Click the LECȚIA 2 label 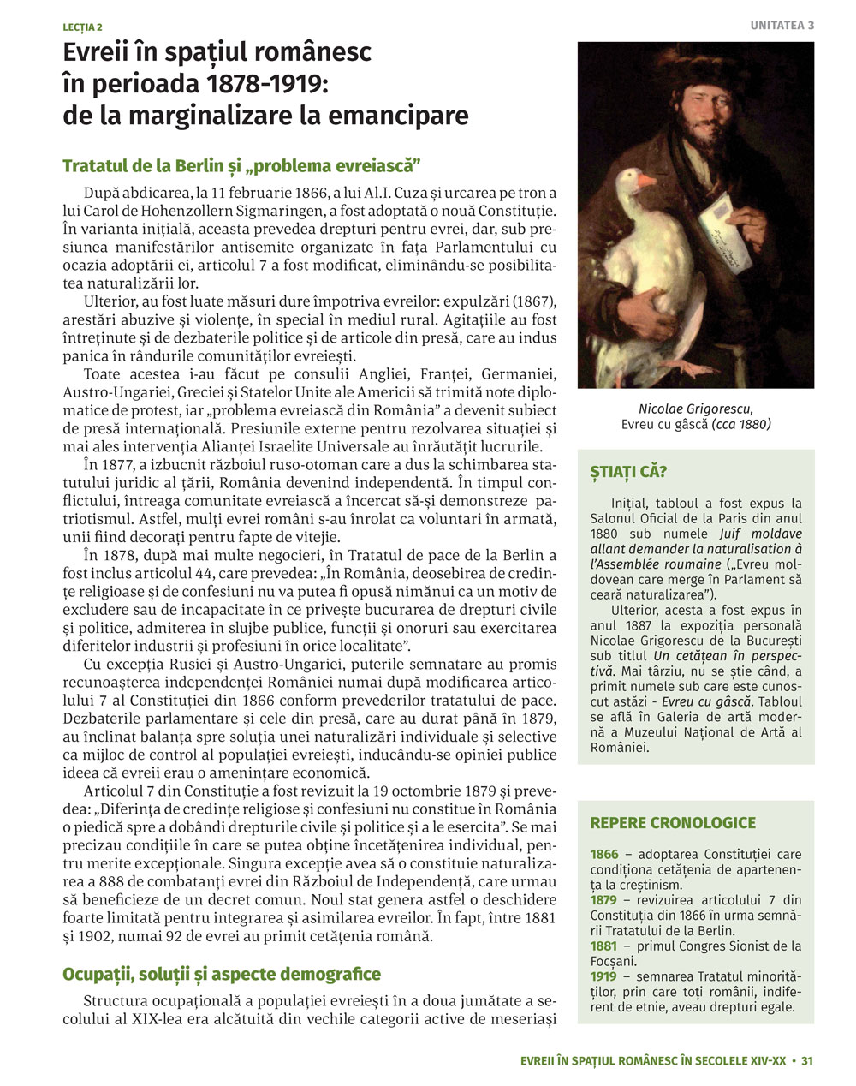click(x=82, y=27)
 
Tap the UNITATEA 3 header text click(x=782, y=26)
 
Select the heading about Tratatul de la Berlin click(x=243, y=164)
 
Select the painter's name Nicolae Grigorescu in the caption click(x=695, y=409)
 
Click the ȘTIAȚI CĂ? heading click(x=628, y=472)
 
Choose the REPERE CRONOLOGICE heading click(x=673, y=823)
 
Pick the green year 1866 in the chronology click(x=604, y=854)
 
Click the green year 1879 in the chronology click(x=604, y=900)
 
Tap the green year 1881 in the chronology click(x=604, y=946)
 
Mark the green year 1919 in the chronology click(x=604, y=976)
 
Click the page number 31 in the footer click(x=806, y=1060)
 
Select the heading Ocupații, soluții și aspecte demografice click(x=221, y=975)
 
